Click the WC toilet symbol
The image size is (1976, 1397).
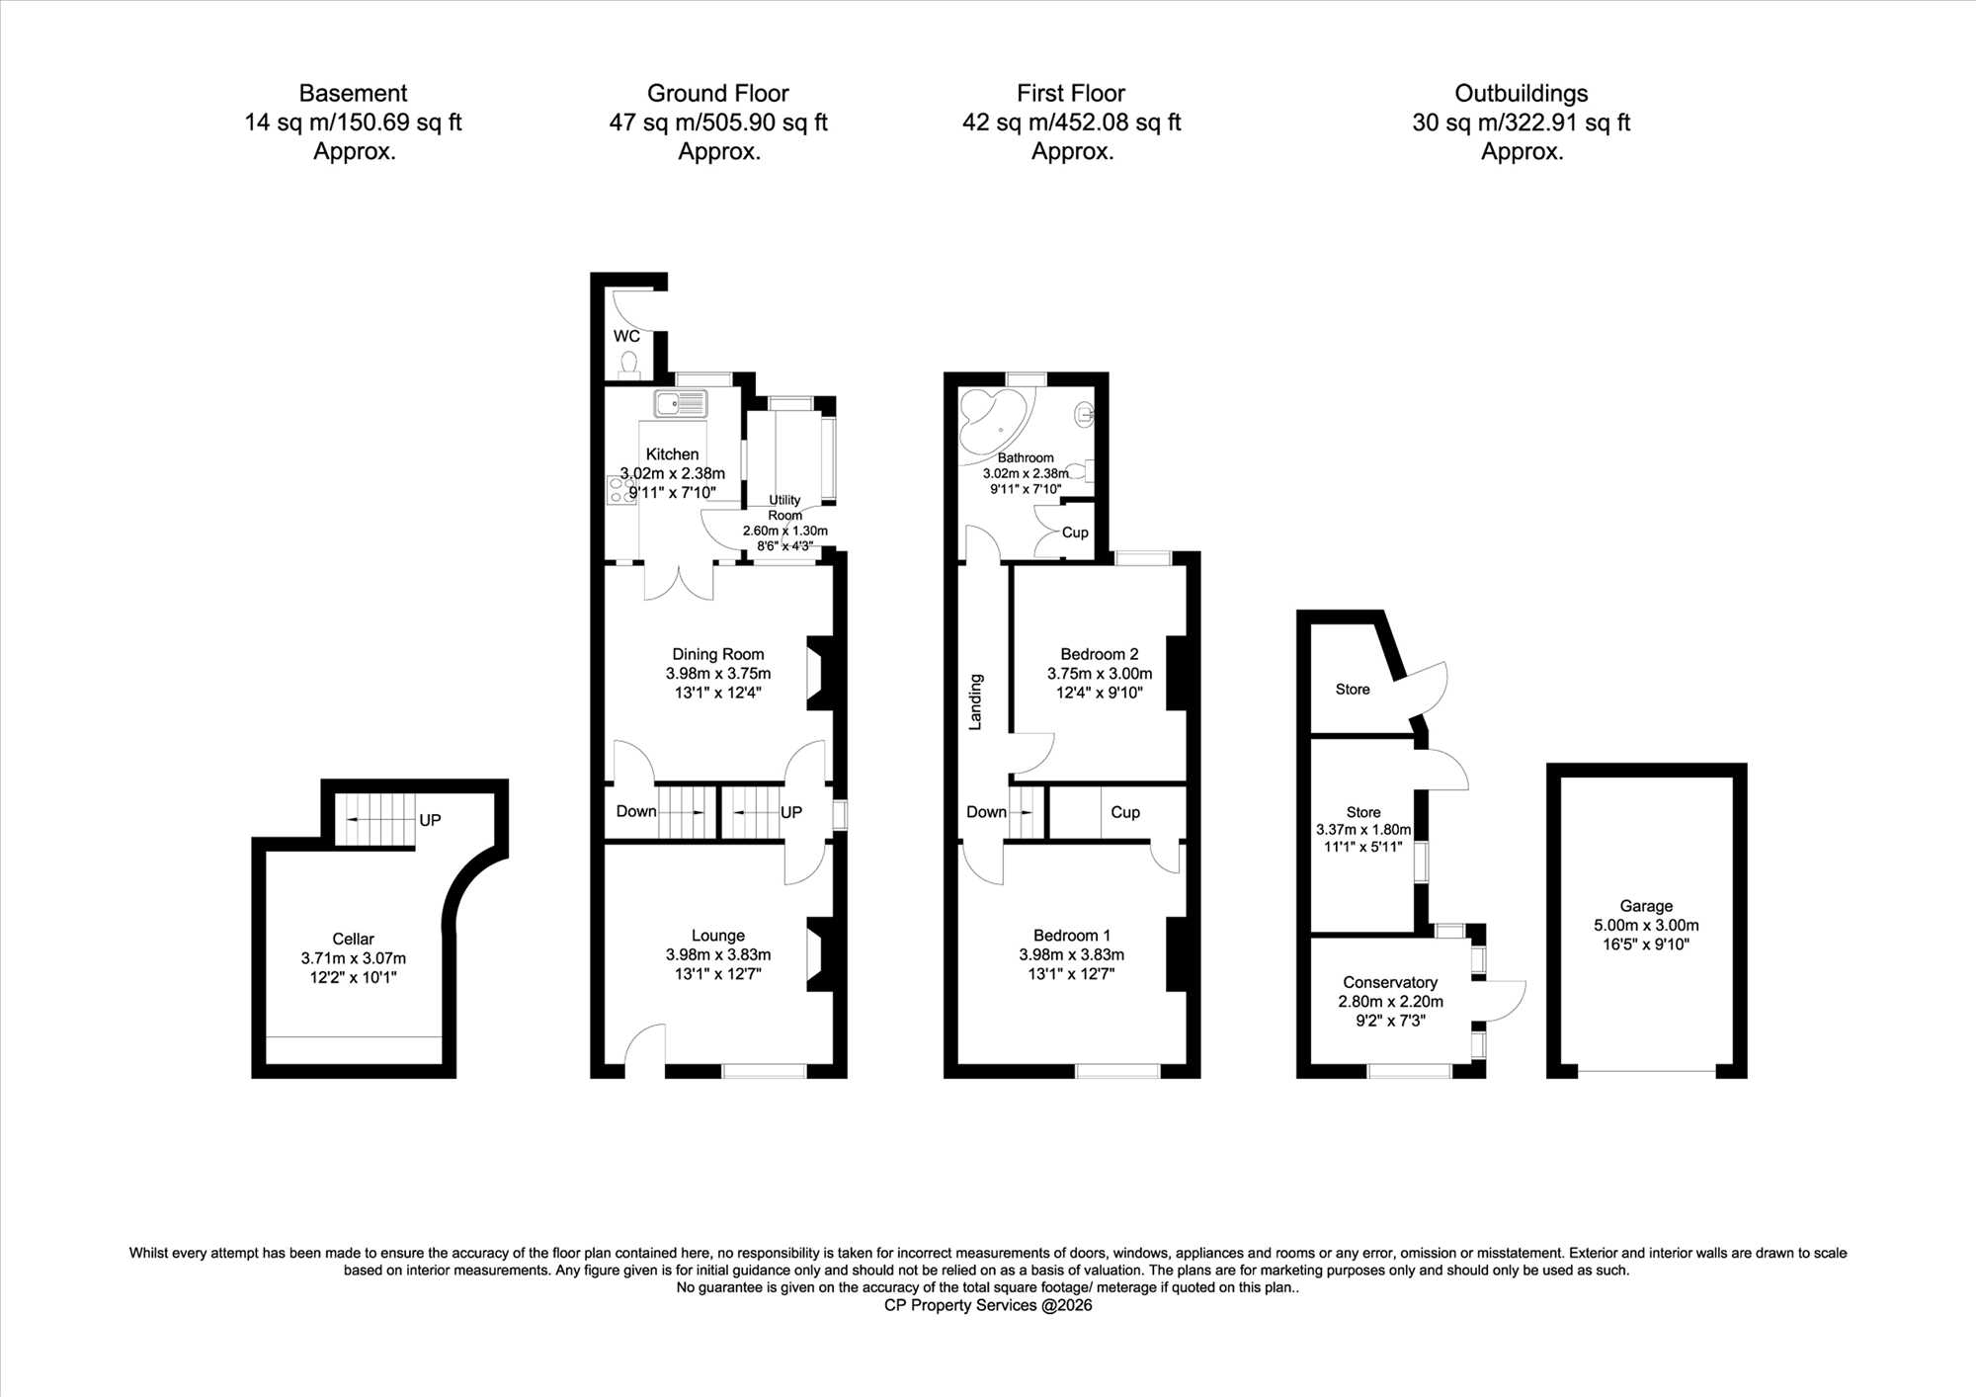628,367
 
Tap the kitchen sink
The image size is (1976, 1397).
680,403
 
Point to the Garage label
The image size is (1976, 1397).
1646,906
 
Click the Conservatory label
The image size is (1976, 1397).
1390,982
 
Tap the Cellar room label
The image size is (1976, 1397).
353,939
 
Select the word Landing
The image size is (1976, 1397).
975,701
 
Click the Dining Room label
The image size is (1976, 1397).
718,654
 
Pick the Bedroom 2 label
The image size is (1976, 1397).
1100,654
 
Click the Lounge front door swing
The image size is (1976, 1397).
645,1045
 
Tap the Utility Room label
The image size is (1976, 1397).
785,508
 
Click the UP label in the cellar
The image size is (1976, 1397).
430,820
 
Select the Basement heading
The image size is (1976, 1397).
353,93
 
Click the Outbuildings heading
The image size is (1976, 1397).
1522,93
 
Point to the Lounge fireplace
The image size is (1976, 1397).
822,954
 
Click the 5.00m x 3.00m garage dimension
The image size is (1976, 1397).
1646,926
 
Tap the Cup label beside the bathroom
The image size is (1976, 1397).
1075,533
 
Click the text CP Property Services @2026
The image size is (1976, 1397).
988,1305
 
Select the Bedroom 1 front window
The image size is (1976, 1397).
1117,1071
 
